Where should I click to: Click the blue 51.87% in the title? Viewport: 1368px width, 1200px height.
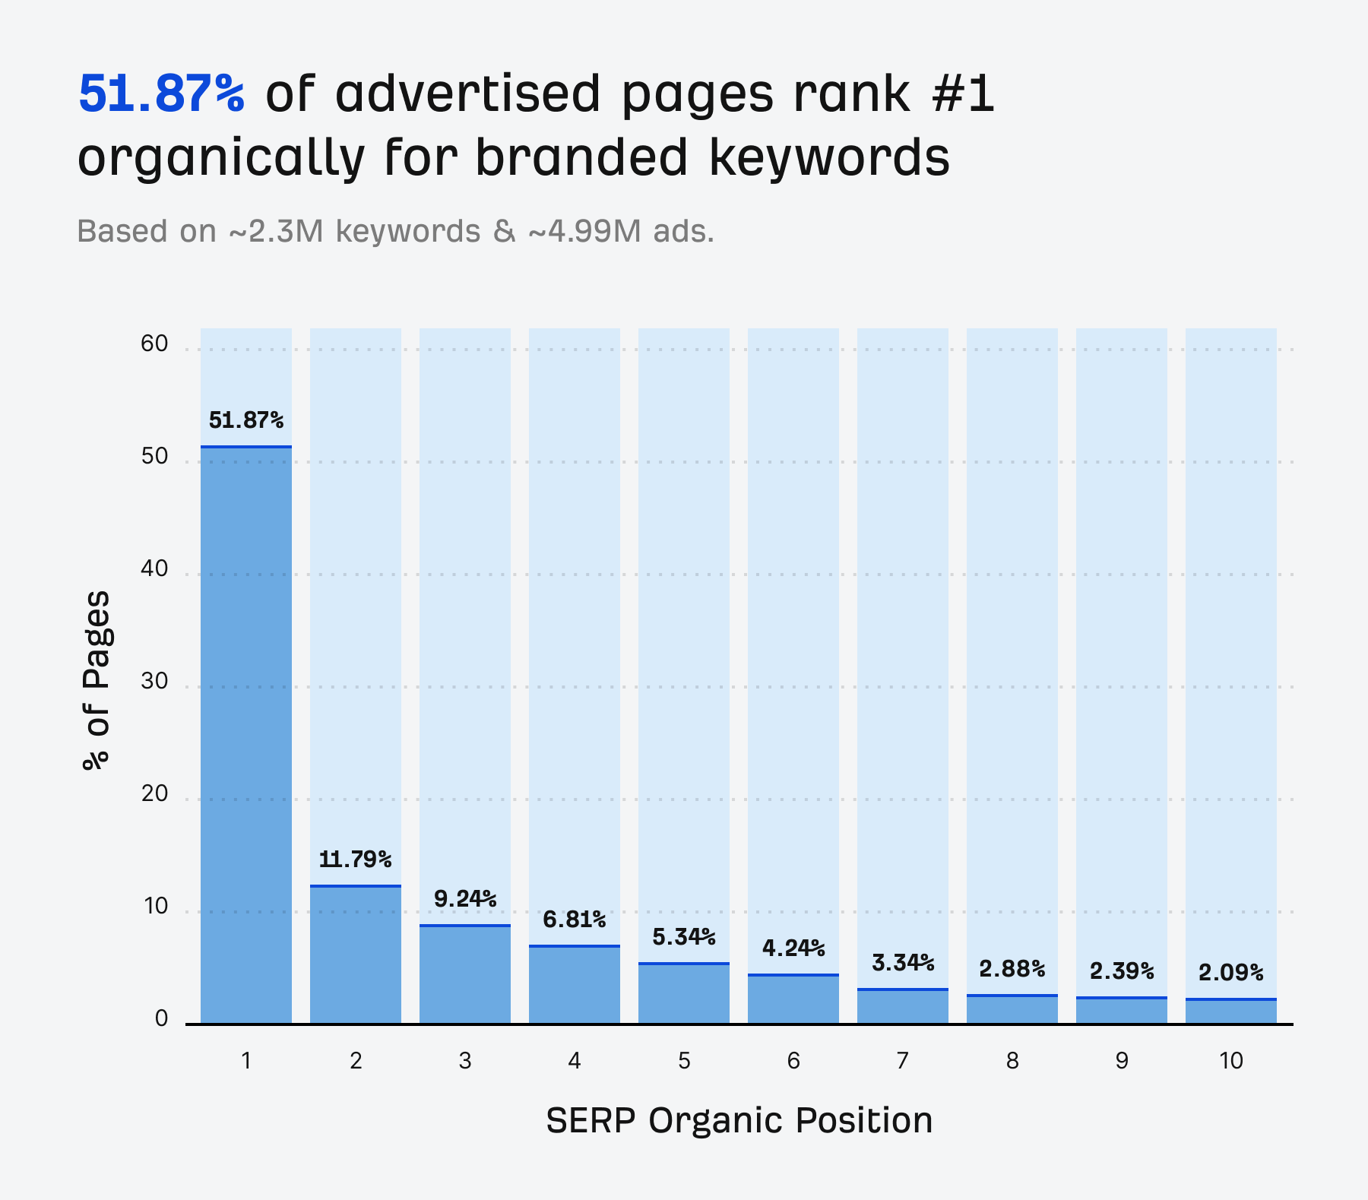(x=161, y=94)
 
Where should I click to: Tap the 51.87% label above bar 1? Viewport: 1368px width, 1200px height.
(x=245, y=420)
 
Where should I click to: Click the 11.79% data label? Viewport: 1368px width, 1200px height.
(x=355, y=860)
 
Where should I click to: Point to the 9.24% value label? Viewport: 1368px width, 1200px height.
(x=464, y=899)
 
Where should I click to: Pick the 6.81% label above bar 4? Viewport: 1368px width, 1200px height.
(x=574, y=920)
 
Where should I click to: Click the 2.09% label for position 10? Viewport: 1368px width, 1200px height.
(x=1230, y=972)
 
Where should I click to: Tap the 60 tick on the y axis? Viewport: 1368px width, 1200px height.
(x=154, y=344)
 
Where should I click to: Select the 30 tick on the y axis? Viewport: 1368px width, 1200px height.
(x=154, y=681)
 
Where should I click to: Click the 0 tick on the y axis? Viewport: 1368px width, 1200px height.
(x=161, y=1018)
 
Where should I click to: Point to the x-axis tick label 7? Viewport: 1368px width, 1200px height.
(x=902, y=1060)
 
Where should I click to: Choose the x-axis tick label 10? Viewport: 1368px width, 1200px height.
(x=1230, y=1060)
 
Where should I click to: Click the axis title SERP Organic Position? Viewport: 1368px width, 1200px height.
(x=739, y=1120)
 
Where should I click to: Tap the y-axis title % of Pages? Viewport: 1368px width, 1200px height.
(x=97, y=680)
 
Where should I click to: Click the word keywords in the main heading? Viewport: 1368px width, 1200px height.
(x=828, y=158)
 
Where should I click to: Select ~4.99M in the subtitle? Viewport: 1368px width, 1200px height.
(x=584, y=231)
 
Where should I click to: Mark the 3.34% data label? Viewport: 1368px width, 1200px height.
(x=902, y=963)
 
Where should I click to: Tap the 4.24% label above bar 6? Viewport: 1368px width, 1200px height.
(x=793, y=948)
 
